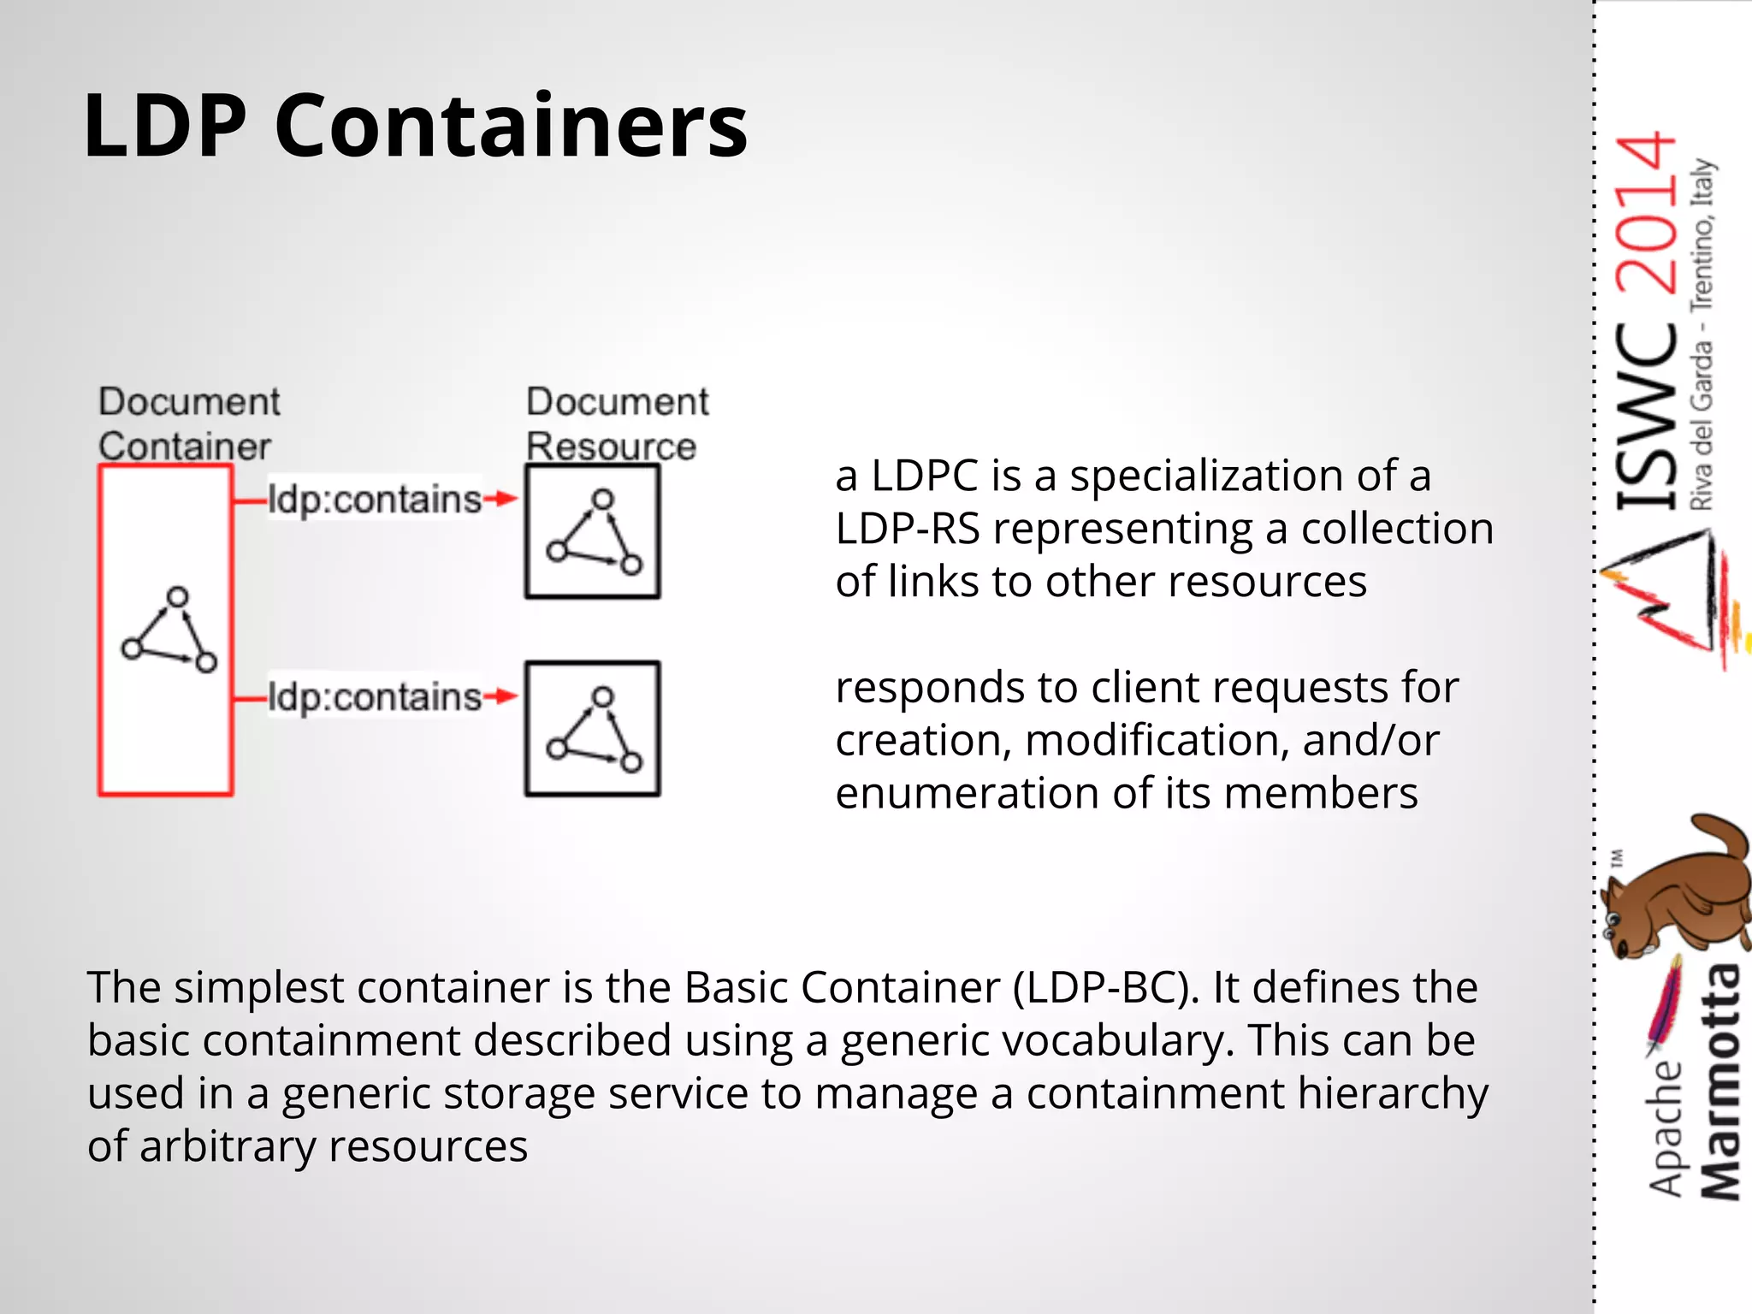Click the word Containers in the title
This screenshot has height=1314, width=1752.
[x=511, y=127]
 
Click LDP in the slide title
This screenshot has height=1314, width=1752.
[x=165, y=127]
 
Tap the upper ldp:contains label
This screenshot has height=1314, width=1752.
[x=375, y=500]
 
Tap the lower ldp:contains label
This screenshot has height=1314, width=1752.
[x=375, y=697]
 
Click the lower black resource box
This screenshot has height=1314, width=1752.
[x=592, y=729]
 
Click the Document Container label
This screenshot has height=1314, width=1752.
[x=188, y=424]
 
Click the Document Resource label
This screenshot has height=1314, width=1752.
[x=616, y=424]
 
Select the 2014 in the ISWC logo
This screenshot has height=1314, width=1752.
[x=1646, y=214]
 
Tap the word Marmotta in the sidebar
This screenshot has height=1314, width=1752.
[x=1719, y=1083]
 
